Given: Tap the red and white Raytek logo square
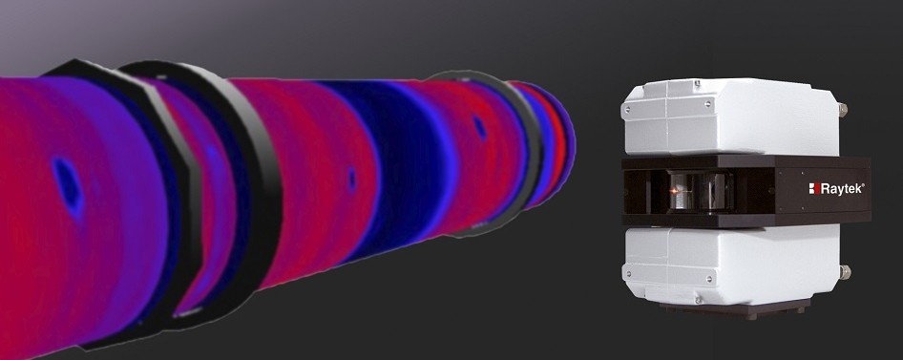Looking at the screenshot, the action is [x=813, y=188].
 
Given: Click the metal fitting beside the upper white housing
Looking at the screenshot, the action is [x=844, y=108].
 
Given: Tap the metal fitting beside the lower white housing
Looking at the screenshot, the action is [x=844, y=272].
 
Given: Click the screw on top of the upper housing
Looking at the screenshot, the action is [x=698, y=84].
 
